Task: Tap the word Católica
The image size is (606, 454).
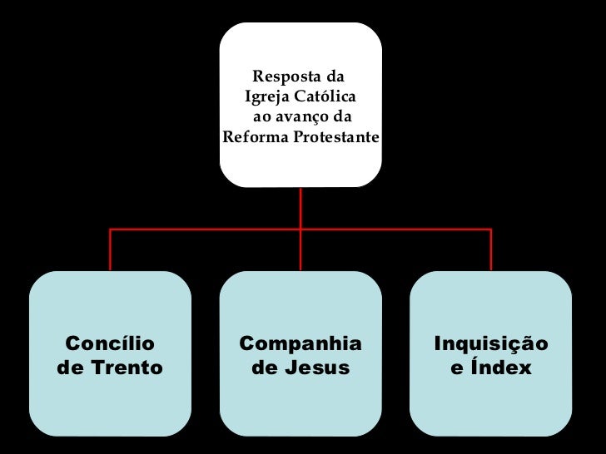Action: pyautogui.click(x=323, y=97)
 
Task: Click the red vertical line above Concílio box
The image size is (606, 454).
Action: pyautogui.click(x=111, y=249)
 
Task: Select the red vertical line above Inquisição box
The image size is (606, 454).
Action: pyautogui.click(x=491, y=249)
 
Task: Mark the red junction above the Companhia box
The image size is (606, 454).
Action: pyautogui.click(x=301, y=229)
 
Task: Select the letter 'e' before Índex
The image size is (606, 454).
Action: pyautogui.click(x=457, y=368)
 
